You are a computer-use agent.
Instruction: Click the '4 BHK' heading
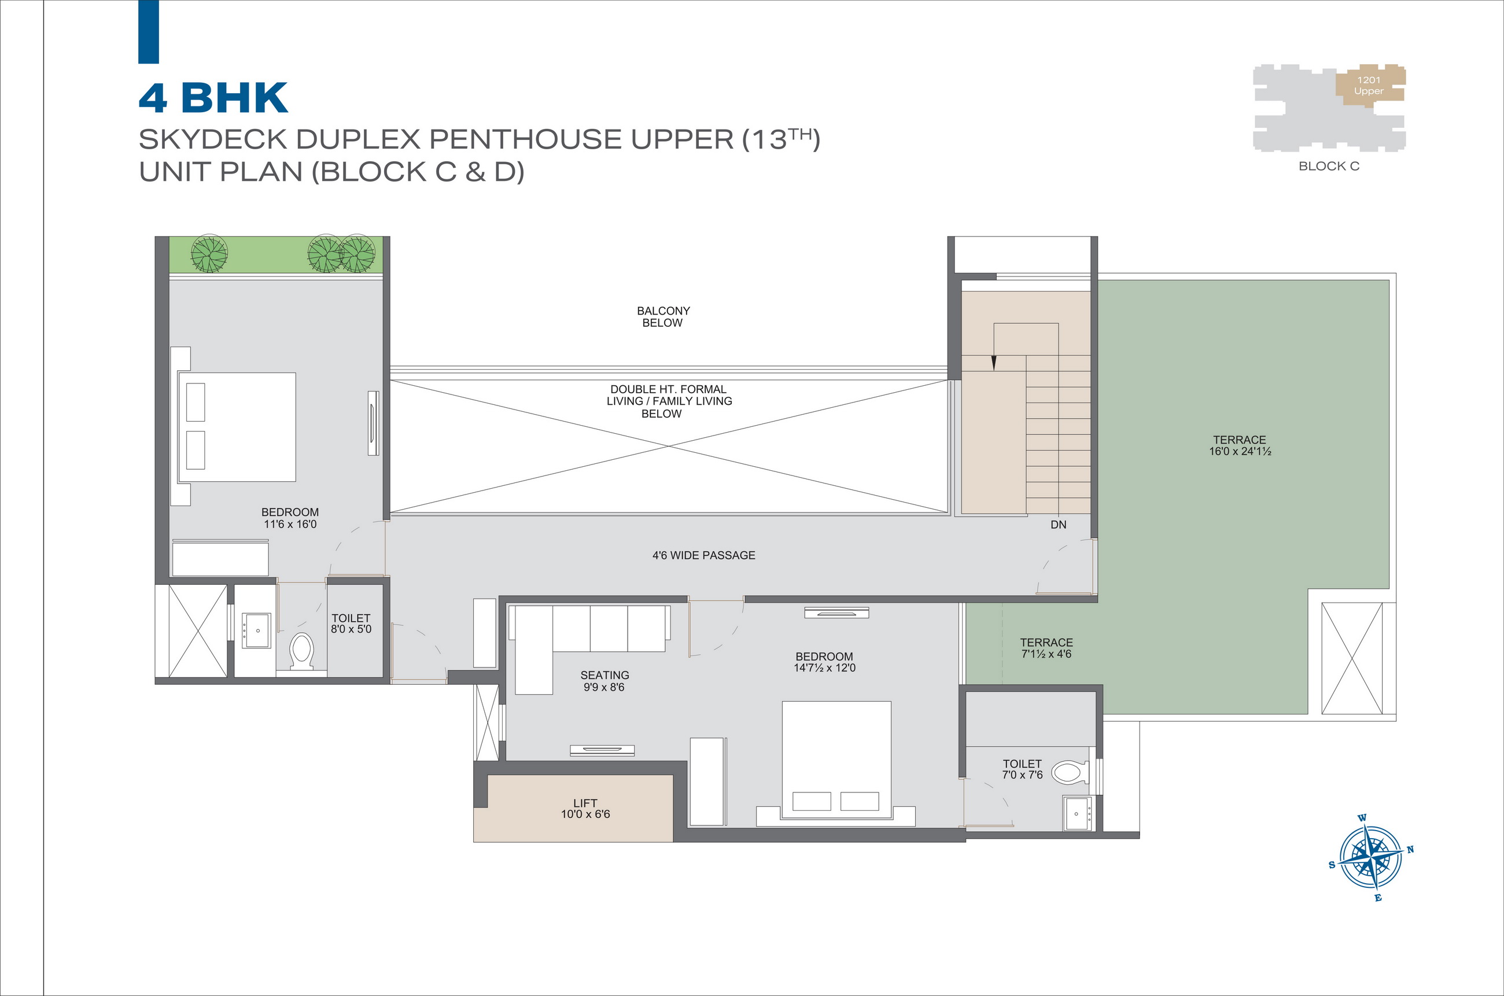tap(213, 98)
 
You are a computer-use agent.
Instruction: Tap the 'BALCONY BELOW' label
tap(663, 317)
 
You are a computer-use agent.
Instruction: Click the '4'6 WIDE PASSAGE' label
tap(704, 555)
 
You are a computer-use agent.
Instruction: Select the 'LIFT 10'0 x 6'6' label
tap(585, 809)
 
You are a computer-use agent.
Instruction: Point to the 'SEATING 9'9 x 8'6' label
tap(604, 681)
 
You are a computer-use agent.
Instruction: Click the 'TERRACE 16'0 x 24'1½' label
tap(1240, 445)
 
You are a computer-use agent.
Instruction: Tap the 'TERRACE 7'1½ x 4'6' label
tap(1046, 648)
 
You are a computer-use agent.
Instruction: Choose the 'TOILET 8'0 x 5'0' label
tap(351, 623)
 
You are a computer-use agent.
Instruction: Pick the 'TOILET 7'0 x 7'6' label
tap(1023, 769)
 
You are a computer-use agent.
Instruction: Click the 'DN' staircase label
tap(1058, 525)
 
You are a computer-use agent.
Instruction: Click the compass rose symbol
tap(1372, 858)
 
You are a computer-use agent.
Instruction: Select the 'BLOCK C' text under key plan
tap(1329, 166)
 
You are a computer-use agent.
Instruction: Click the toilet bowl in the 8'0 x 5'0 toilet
tap(302, 651)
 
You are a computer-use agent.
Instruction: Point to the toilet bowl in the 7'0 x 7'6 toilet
tap(1070, 772)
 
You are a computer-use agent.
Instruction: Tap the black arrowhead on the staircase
tap(994, 363)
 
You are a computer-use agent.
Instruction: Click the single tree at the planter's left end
tap(209, 253)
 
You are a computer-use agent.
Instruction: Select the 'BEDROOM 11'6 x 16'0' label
tap(290, 518)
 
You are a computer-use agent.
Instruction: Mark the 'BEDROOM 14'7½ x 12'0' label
tap(824, 662)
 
